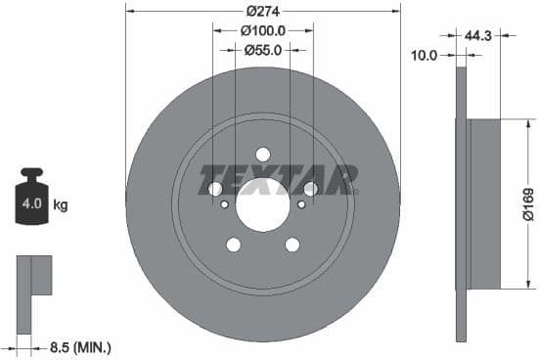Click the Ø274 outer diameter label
[263, 11]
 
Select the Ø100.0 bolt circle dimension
[263, 30]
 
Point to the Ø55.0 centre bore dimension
[263, 49]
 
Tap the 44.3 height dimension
[478, 36]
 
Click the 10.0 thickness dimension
[423, 56]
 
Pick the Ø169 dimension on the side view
[528, 204]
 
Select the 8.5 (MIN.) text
[79, 346]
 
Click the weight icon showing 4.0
[32, 202]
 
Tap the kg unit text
[61, 205]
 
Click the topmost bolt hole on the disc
[263, 155]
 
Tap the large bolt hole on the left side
[216, 189]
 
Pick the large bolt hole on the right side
[311, 189]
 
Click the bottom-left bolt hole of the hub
[234, 245]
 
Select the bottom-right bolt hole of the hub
[292, 245]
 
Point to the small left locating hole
[226, 204]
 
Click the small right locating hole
[300, 204]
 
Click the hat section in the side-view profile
[484, 204]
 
